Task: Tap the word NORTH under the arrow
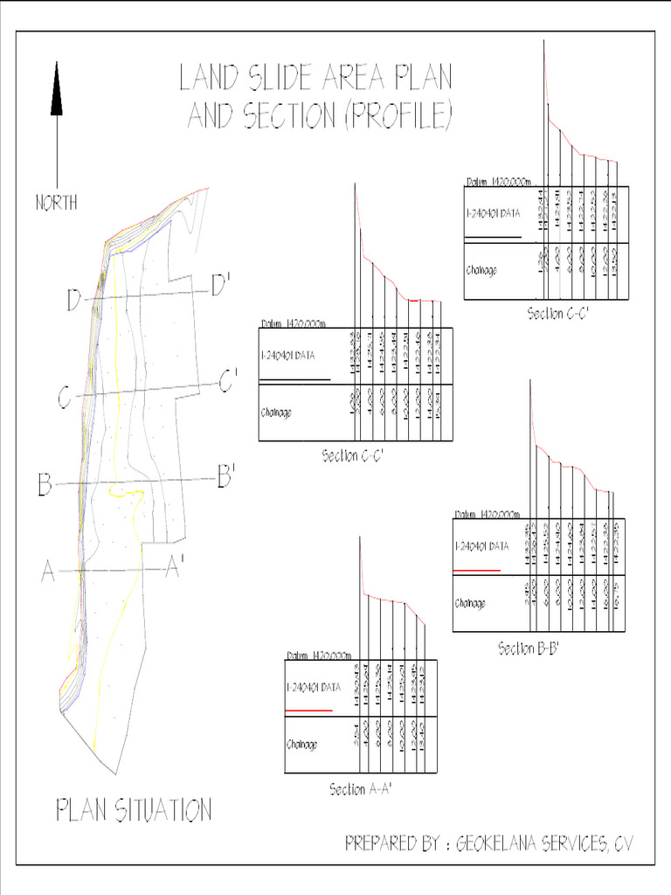coord(57,203)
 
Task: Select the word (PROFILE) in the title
coord(399,116)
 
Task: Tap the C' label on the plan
coord(228,381)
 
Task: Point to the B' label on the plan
coord(225,477)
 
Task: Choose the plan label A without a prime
coord(49,572)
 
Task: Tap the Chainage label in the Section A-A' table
coord(302,745)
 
